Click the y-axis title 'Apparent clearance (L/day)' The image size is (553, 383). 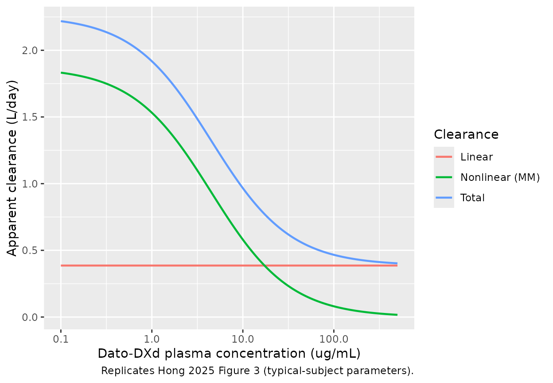13,168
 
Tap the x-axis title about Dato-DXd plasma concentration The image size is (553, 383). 229,353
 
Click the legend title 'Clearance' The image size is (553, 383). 466,134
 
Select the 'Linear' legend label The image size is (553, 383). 476,157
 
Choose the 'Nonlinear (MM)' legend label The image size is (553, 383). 500,177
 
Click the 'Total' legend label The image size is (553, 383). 472,198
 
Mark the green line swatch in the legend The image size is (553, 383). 444,177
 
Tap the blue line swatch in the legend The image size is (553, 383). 444,198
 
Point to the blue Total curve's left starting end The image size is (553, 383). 62,21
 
